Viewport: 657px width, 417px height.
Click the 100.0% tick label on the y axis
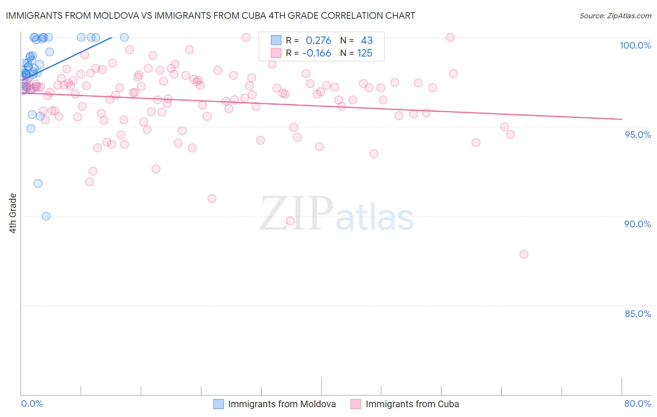(635, 45)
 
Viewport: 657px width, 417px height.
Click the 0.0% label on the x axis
(32, 403)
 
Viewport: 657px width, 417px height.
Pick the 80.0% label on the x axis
(637, 403)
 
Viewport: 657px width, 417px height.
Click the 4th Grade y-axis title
(13, 213)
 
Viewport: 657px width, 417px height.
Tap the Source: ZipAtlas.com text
(615, 16)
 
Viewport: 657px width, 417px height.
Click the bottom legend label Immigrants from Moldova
(282, 404)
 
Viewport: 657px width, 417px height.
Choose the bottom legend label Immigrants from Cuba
(412, 404)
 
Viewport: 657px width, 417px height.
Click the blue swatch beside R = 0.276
(276, 41)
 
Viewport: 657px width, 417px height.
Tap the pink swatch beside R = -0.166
(276, 53)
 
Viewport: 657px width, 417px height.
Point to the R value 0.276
(318, 41)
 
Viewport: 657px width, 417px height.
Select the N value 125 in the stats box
(365, 53)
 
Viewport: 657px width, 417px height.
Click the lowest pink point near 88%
(524, 254)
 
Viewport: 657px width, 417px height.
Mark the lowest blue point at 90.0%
(46, 216)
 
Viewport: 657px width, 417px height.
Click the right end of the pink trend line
(621, 119)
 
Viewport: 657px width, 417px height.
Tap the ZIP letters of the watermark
(296, 214)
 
